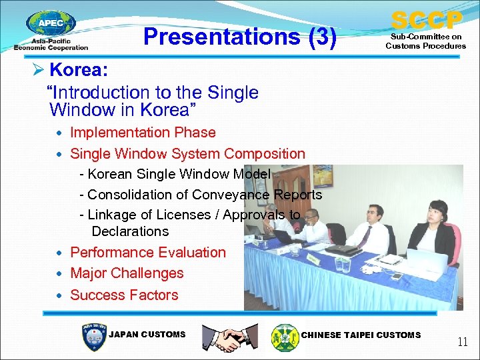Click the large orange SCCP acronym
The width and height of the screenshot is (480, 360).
coord(426,20)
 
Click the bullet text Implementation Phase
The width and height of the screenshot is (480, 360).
coord(143,133)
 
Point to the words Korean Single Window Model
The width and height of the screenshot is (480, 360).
coord(179,174)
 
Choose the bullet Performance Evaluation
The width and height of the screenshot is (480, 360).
coord(148,252)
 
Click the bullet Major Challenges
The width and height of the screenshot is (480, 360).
coord(127,273)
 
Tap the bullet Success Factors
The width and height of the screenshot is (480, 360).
coord(124,295)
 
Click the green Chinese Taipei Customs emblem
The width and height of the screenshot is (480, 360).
coord(285,337)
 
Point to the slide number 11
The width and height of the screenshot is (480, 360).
coord(462,342)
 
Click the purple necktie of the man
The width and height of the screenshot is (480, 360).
coord(365,236)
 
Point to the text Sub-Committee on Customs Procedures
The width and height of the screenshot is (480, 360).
coord(425,41)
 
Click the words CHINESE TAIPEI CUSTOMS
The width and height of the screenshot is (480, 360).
coord(361,335)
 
